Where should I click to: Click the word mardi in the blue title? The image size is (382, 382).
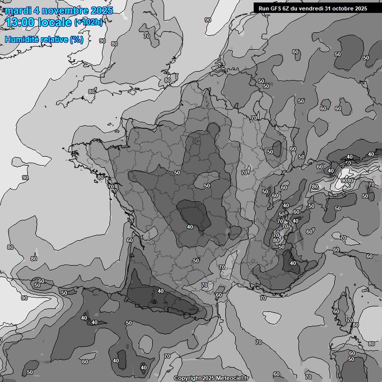click(x=16, y=10)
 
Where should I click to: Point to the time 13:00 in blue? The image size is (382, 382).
click(x=19, y=22)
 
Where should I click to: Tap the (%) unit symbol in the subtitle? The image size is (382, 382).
click(x=76, y=39)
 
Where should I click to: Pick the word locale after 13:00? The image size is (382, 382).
click(x=55, y=22)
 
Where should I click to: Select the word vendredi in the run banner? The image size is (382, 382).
click(x=311, y=8)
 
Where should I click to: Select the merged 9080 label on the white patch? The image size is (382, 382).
click(x=347, y=181)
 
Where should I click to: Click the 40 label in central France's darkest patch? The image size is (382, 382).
click(x=190, y=226)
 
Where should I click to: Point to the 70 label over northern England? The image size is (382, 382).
click(x=147, y=36)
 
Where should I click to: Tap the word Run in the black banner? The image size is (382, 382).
click(x=264, y=8)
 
